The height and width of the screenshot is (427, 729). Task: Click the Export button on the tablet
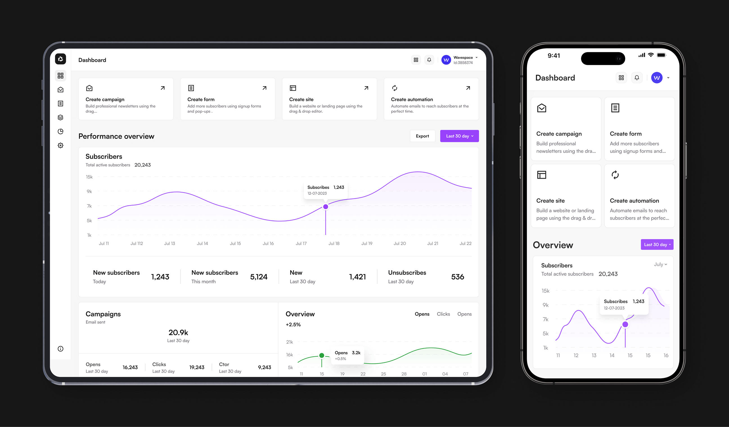point(422,136)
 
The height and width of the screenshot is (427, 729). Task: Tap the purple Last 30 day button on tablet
point(459,136)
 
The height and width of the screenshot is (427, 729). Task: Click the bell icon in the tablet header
point(429,60)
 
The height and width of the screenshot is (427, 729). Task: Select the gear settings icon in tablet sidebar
point(60,145)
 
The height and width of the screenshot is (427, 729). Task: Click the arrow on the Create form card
point(264,88)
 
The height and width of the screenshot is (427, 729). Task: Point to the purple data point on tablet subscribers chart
point(325,206)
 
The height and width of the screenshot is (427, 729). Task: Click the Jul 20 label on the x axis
point(399,243)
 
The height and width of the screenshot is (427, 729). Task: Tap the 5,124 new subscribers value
point(258,277)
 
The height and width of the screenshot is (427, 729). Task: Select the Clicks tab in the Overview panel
point(443,314)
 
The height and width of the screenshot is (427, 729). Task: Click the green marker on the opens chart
point(321,355)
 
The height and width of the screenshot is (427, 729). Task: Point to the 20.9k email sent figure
point(178,333)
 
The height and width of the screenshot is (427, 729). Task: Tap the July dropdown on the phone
point(660,264)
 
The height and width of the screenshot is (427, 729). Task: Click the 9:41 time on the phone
point(554,55)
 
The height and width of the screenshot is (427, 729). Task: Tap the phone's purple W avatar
point(657,78)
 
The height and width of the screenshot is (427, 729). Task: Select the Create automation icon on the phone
point(615,175)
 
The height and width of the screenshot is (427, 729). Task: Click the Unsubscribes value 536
point(457,277)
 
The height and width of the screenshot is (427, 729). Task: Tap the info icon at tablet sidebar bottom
point(60,349)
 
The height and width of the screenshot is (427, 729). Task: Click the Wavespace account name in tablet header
point(463,57)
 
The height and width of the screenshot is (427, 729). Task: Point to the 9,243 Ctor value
point(264,367)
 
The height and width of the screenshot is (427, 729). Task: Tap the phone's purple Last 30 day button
point(657,244)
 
